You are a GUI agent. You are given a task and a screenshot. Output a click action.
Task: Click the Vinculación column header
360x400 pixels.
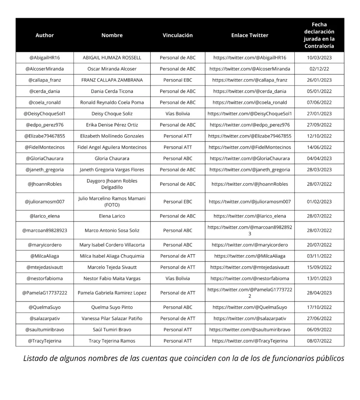pos(178,35)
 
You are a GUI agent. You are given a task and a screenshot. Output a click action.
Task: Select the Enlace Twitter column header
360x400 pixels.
pos(250,35)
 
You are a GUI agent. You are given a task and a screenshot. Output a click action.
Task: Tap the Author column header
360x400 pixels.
pos(45,35)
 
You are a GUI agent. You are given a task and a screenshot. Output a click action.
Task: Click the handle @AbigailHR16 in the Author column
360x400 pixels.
pos(45,57)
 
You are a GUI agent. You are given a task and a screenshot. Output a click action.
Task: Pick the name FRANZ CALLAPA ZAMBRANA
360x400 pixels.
pos(112,80)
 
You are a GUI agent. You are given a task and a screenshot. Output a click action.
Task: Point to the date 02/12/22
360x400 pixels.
pos(319,69)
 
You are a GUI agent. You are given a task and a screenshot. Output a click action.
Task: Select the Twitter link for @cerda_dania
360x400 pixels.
pos(250,91)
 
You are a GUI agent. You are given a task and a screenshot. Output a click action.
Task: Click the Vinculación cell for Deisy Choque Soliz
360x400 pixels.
pos(178,114)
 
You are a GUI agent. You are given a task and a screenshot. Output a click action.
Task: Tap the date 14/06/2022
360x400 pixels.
pos(319,147)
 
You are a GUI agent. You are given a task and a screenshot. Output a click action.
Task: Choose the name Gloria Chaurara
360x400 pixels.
pos(112,159)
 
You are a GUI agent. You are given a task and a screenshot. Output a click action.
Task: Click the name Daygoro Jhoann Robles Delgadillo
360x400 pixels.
pos(112,184)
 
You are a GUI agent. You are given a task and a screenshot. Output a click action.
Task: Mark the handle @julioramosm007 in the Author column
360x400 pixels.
pos(45,202)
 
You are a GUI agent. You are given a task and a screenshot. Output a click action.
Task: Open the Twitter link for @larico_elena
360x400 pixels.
pos(250,216)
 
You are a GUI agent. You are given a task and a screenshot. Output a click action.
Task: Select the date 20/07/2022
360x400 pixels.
pos(319,245)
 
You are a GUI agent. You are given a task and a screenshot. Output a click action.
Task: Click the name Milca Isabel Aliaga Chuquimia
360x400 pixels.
pos(112,256)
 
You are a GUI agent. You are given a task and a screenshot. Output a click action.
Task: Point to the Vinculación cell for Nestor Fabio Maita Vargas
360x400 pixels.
pos(178,279)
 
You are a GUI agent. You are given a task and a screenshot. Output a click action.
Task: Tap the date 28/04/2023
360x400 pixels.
pos(319,293)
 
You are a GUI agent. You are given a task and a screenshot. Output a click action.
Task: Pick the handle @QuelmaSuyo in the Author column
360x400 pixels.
pos(45,307)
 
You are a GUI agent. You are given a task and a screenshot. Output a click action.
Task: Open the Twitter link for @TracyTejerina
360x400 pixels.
pos(250,341)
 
